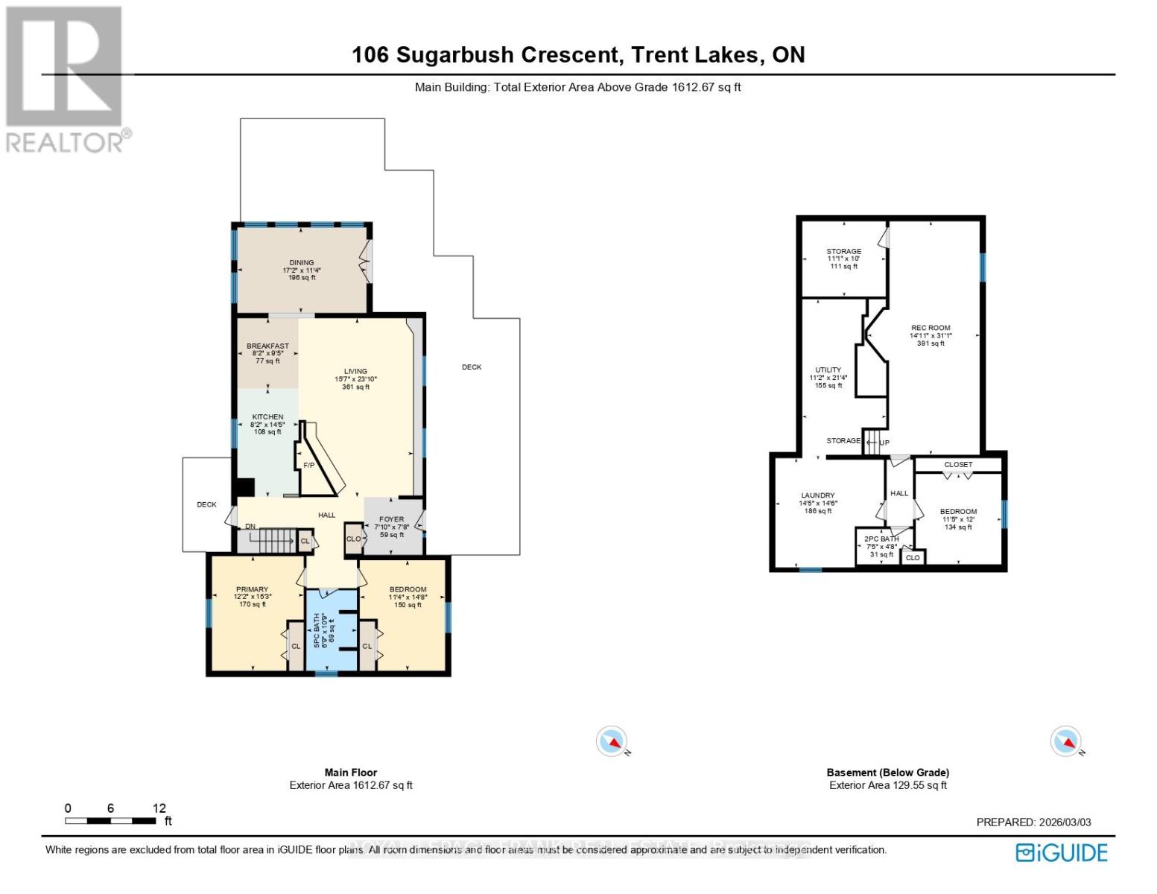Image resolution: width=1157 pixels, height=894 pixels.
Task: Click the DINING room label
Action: pyautogui.click(x=302, y=263)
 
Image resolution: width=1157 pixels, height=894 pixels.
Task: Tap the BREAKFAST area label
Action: pyautogui.click(x=267, y=346)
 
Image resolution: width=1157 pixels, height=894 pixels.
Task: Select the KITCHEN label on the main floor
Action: pyautogui.click(x=267, y=417)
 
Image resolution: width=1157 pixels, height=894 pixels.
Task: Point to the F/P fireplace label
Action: pyautogui.click(x=308, y=466)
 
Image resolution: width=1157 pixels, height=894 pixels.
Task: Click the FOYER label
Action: pyautogui.click(x=391, y=519)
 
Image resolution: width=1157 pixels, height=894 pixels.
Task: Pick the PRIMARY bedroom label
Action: pyautogui.click(x=253, y=589)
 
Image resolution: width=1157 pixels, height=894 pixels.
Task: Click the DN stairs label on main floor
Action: pyautogui.click(x=250, y=527)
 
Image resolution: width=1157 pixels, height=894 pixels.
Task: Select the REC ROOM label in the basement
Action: pyautogui.click(x=931, y=328)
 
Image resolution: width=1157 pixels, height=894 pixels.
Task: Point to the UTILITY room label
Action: pyautogui.click(x=828, y=370)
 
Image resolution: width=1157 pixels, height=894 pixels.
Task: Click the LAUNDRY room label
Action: pyautogui.click(x=817, y=495)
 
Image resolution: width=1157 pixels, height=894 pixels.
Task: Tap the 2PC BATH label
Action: pyautogui.click(x=881, y=539)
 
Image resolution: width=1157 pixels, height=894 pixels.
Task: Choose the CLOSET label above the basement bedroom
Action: pyautogui.click(x=958, y=465)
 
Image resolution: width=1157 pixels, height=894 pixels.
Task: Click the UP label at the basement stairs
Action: pyautogui.click(x=884, y=443)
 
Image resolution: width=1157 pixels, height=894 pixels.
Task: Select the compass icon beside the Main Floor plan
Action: pyautogui.click(x=611, y=741)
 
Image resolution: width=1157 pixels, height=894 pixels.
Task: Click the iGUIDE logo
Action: pyautogui.click(x=1062, y=852)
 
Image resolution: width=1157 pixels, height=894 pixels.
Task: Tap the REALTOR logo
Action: pyautogui.click(x=65, y=78)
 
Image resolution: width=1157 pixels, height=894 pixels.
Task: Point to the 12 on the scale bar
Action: pyautogui.click(x=159, y=808)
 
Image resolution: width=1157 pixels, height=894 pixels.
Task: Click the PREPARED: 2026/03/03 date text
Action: pyautogui.click(x=1033, y=822)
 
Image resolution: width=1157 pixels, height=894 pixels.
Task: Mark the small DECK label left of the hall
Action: pyautogui.click(x=206, y=504)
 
